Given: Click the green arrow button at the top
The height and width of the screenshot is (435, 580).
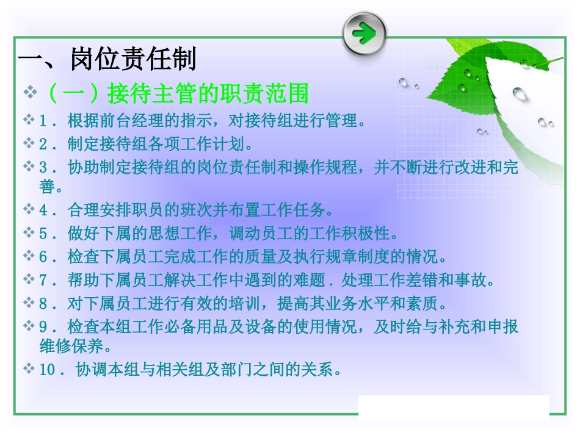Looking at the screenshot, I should tap(364, 33).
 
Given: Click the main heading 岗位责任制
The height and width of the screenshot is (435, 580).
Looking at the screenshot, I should tap(133, 60).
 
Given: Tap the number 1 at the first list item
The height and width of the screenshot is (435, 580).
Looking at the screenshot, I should tap(43, 121).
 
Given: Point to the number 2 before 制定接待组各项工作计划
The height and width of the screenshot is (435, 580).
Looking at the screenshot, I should tap(43, 145).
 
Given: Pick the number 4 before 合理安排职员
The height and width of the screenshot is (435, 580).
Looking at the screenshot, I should tap(43, 210).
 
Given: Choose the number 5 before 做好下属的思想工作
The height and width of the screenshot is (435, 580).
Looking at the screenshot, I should tap(43, 234).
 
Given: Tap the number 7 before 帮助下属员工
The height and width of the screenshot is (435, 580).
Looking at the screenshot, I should tap(43, 281).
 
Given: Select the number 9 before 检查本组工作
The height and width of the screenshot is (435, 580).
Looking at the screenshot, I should tap(43, 327).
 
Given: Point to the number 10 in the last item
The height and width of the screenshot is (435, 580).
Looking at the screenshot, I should tap(48, 370).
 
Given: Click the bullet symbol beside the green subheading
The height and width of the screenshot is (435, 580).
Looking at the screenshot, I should tap(30, 93).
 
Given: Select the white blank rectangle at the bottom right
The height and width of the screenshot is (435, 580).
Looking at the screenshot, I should tap(454, 407).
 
